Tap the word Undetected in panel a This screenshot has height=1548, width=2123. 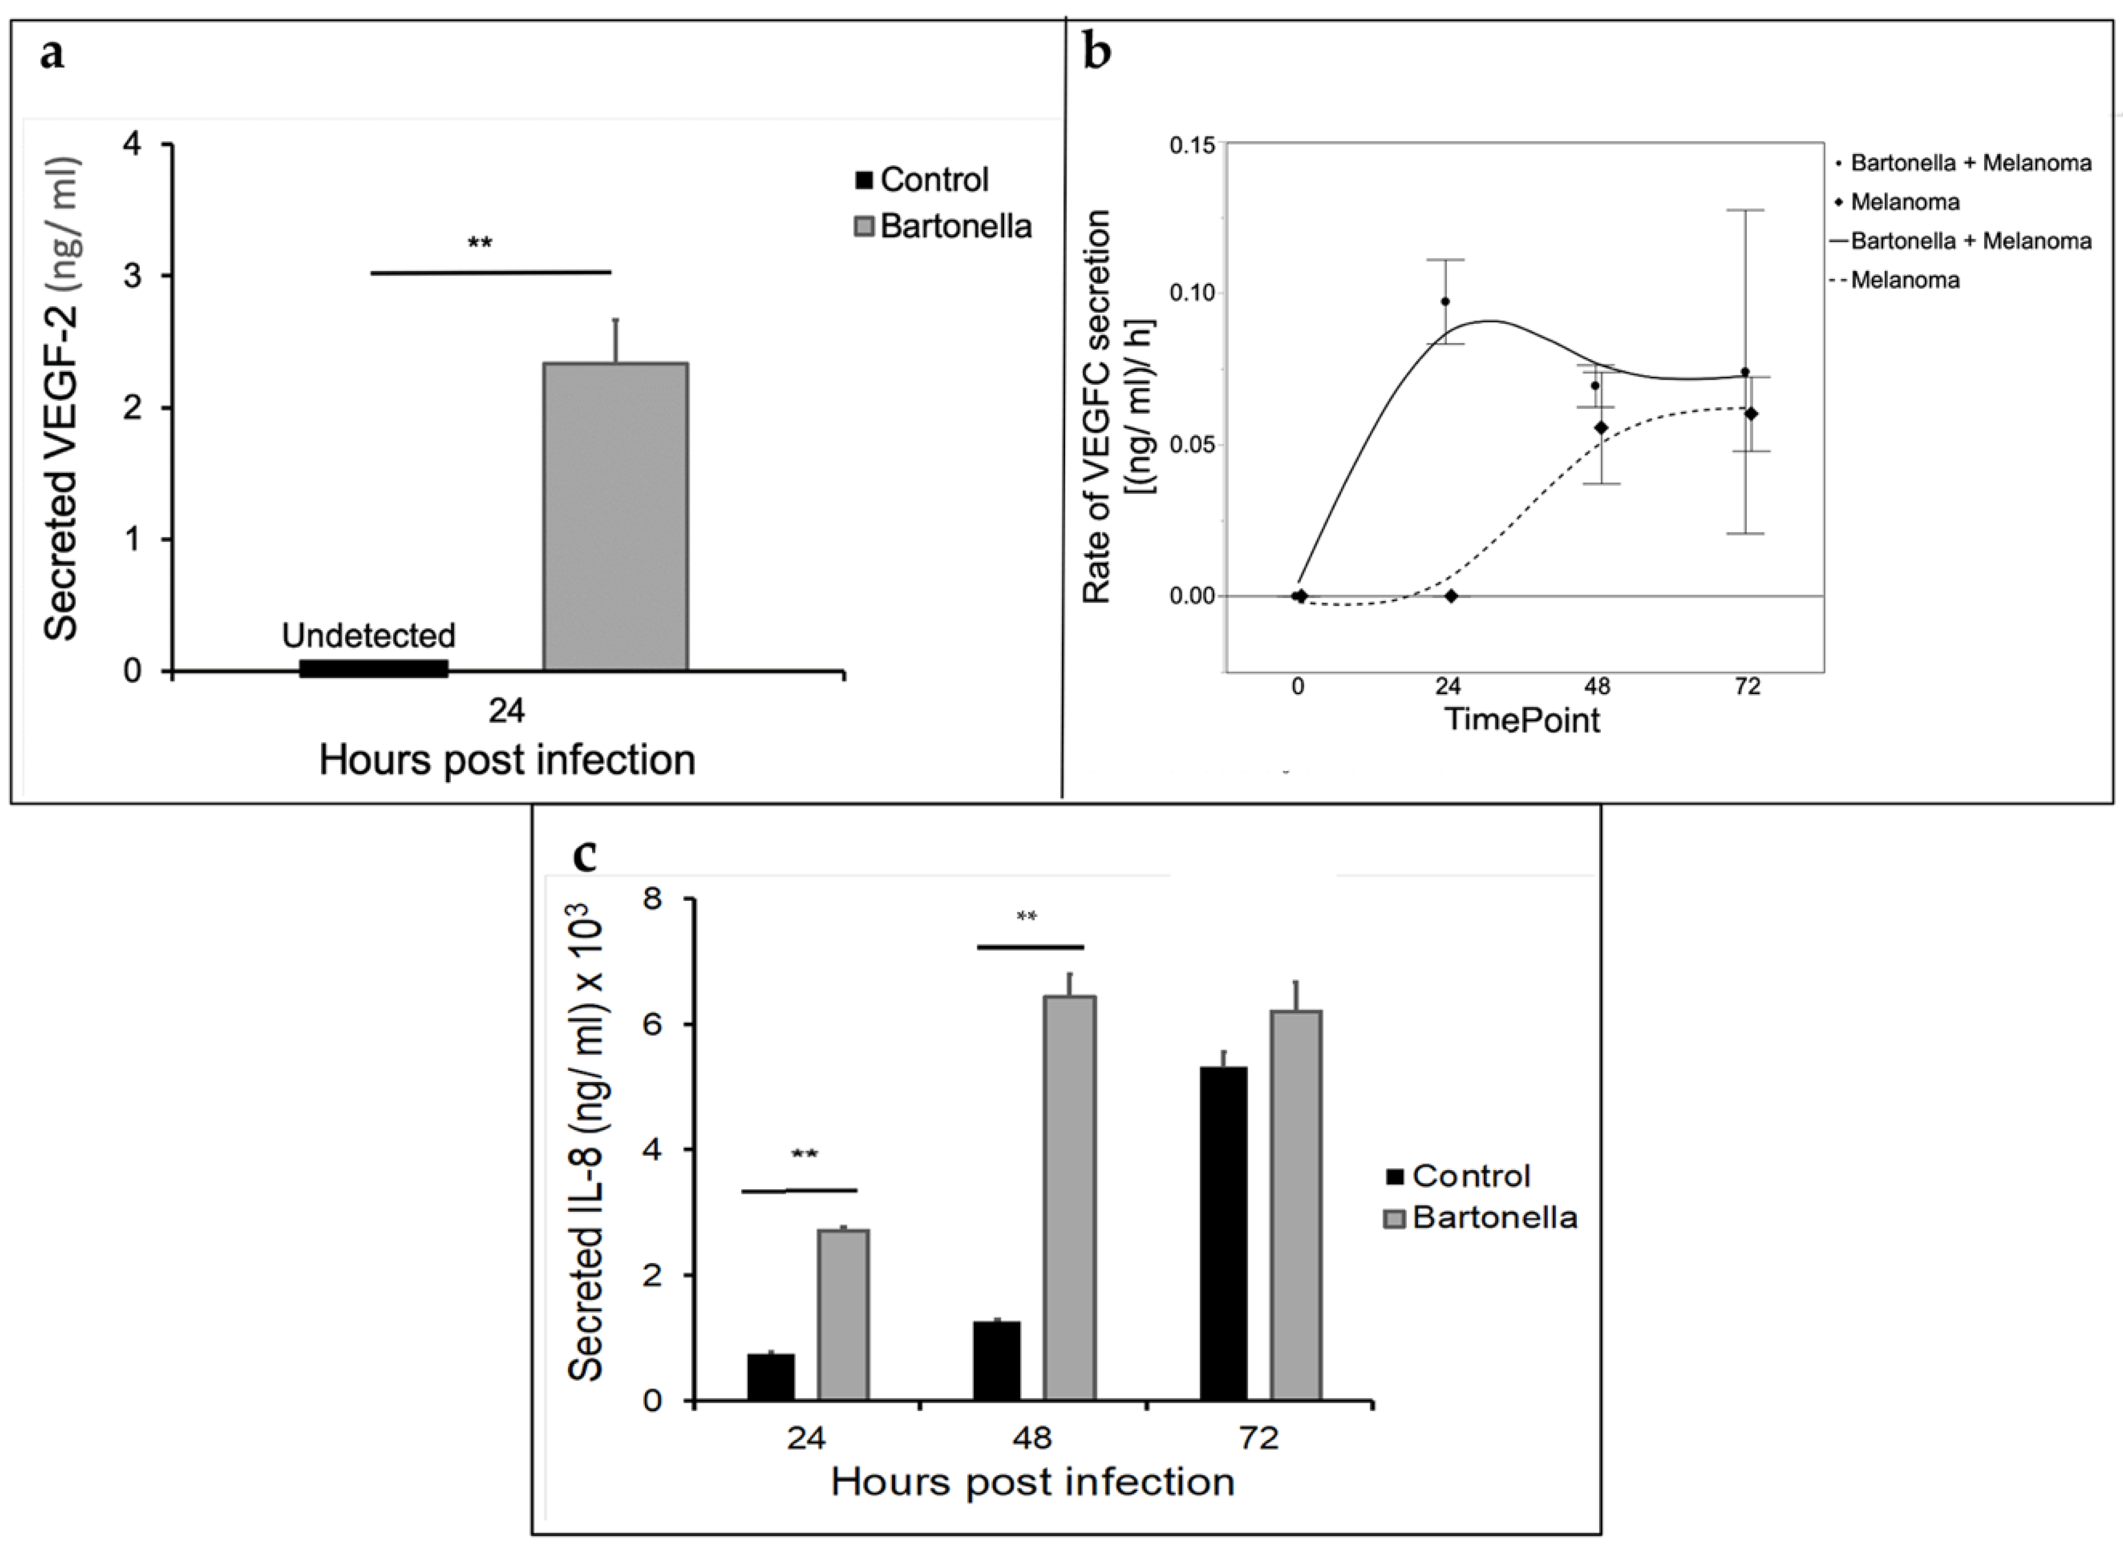click(369, 636)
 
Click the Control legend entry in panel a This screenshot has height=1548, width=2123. click(922, 179)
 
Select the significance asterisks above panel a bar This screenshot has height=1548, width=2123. click(480, 244)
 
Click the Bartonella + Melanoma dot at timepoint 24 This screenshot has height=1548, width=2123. click(1445, 301)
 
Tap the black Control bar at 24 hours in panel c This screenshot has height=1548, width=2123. click(770, 1376)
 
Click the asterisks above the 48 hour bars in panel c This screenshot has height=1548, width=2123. click(1027, 917)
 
